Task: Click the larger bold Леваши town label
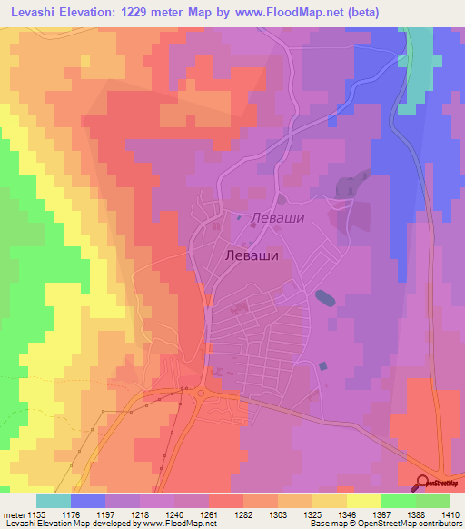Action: click(250, 256)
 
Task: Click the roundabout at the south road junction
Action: click(200, 393)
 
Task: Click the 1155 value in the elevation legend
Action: click(35, 514)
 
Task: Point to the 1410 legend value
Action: click(450, 514)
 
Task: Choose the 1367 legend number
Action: click(381, 514)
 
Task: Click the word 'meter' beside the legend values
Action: click(13, 514)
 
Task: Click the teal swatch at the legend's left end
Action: click(53, 501)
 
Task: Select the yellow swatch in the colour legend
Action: click(363, 501)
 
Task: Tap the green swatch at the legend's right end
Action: click(432, 501)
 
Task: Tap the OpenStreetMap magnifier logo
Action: click(422, 483)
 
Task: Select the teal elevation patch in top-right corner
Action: click(419, 64)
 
